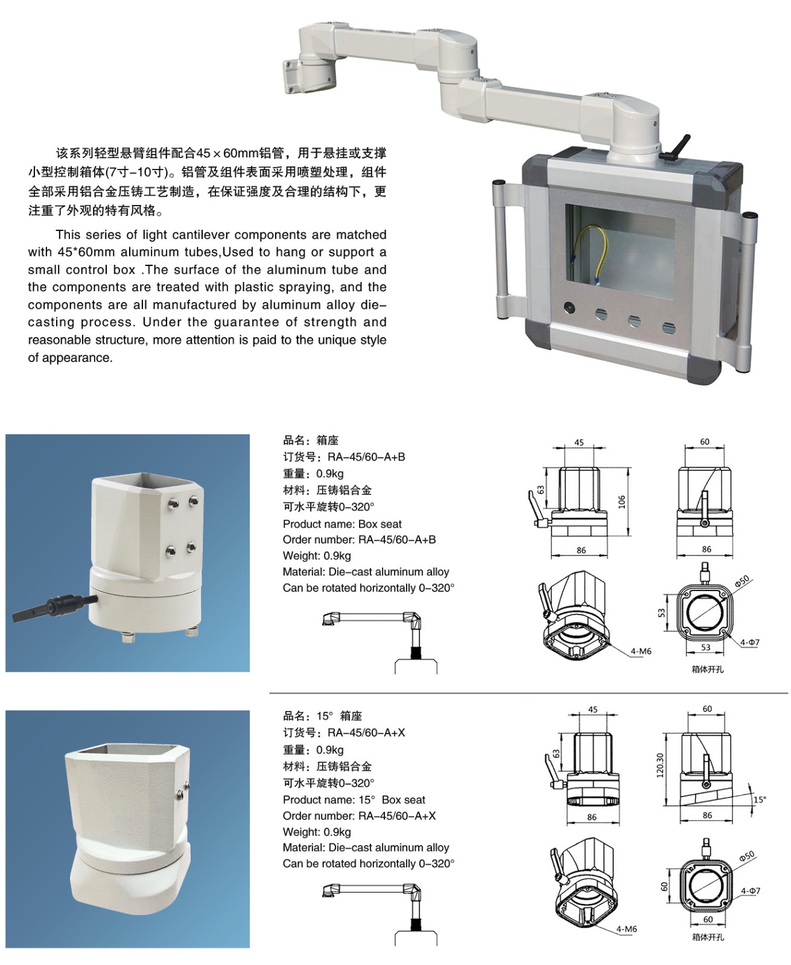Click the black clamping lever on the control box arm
coord(675,147)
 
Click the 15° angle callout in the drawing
coord(760,799)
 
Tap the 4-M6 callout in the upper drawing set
coord(641,651)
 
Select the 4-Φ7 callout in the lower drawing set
coord(750,891)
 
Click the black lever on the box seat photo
coord(54,606)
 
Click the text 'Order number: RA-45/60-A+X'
coord(360,816)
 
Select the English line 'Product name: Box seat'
coord(342,524)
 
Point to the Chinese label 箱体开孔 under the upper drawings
coord(708,669)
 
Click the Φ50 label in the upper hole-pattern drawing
coord(742,581)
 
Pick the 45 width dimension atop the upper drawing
coord(579,443)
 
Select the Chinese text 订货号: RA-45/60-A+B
coord(344,457)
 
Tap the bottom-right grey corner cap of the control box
coord(705,368)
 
